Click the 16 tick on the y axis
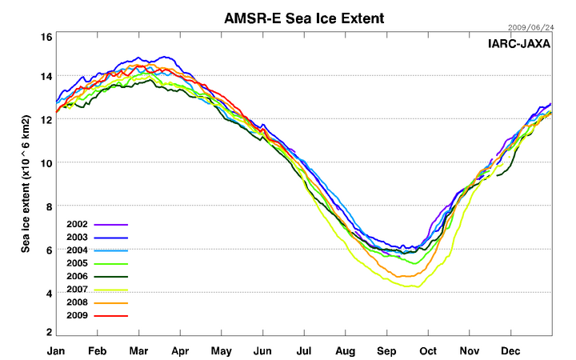pos(46,37)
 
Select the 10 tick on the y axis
pos(46,162)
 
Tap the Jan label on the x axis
pos(56,350)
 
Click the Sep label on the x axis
pos(387,350)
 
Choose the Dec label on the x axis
pos(510,350)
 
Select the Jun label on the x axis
pos(262,350)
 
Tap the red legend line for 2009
pos(111,316)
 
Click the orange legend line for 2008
pos(111,303)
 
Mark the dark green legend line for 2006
pos(111,278)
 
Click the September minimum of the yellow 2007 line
pos(413,286)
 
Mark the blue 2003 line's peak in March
pos(166,57)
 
